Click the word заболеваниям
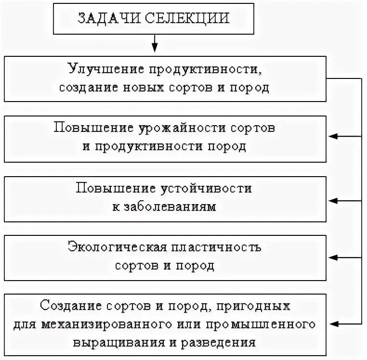[167, 207]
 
